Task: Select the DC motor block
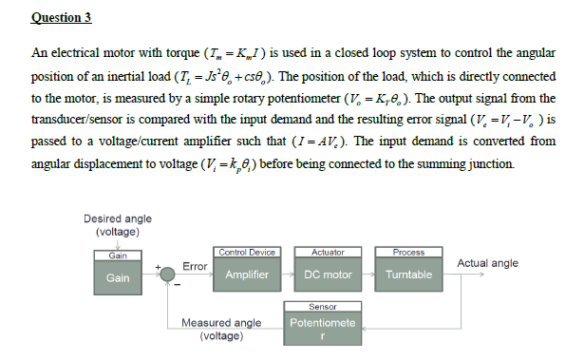click(328, 275)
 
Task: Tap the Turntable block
click(408, 275)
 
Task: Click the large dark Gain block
click(119, 277)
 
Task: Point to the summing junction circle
click(168, 275)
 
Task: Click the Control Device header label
click(246, 253)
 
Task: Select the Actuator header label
click(328, 253)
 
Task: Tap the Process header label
click(408, 253)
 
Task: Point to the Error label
click(195, 265)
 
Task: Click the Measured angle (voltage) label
click(221, 329)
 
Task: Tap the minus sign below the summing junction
click(175, 287)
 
